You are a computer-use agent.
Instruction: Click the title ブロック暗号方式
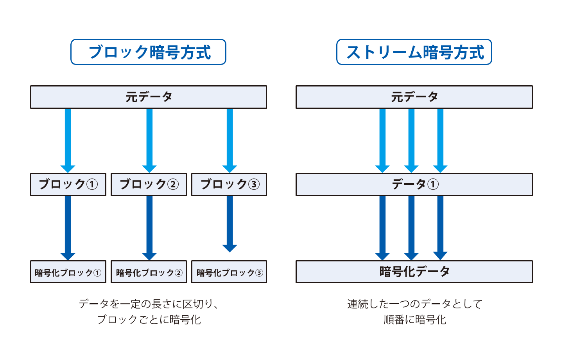[148, 52]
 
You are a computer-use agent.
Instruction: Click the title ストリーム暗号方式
[414, 52]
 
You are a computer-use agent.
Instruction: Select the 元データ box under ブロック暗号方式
[149, 97]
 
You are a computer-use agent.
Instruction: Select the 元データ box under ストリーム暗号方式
[414, 97]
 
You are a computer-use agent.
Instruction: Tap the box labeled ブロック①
[68, 184]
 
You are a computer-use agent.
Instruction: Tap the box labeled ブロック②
[149, 184]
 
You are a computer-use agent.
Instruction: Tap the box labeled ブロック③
[229, 184]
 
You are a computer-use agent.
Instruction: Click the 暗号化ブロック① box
[68, 272]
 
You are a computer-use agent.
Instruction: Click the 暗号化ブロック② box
[149, 272]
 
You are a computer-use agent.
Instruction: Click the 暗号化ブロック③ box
[229, 272]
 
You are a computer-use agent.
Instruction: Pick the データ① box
[414, 184]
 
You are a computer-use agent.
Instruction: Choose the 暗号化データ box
[414, 272]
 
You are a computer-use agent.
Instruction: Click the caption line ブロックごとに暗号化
[149, 320]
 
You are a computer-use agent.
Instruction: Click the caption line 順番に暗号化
[414, 320]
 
